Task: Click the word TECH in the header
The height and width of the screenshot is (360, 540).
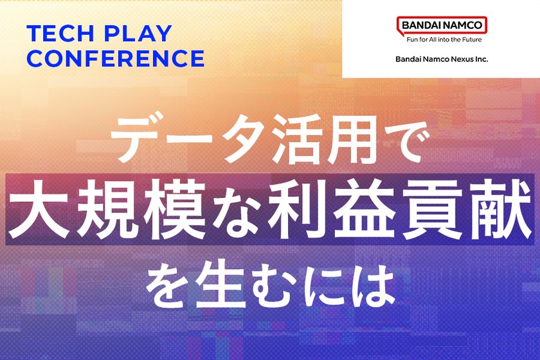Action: (60, 33)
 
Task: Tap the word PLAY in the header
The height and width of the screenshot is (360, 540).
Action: (138, 33)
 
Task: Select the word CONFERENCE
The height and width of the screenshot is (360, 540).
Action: (116, 59)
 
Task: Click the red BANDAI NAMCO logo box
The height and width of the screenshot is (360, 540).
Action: (442, 26)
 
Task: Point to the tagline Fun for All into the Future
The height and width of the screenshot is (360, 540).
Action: (444, 40)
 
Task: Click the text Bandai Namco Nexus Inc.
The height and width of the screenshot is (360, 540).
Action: (442, 59)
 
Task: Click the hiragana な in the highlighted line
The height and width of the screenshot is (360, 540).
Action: (234, 210)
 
